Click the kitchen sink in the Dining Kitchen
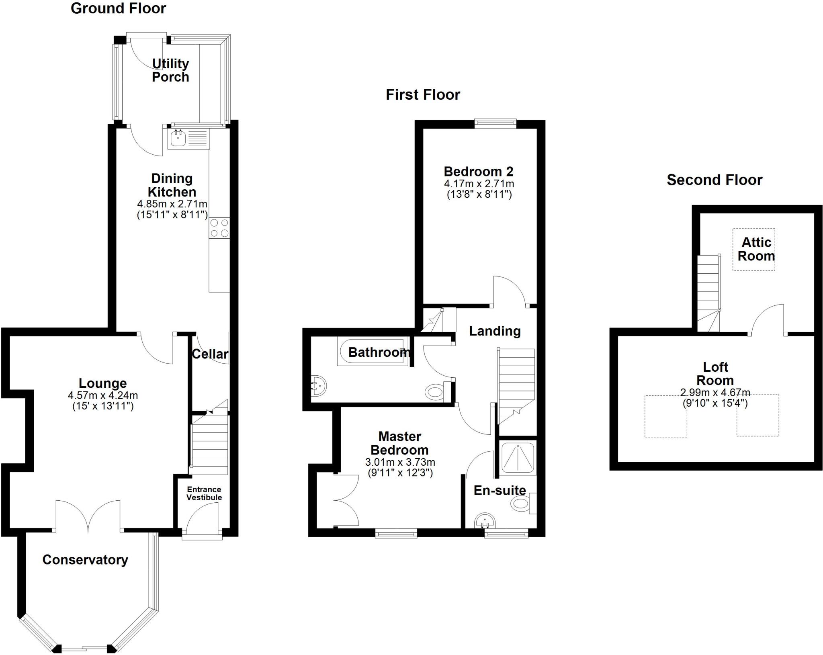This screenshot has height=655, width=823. click(178, 139)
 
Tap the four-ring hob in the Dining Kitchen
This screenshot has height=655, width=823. click(219, 228)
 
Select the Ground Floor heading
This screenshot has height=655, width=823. click(118, 8)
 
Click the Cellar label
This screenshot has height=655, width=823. click(210, 354)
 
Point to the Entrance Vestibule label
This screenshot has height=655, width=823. click(204, 493)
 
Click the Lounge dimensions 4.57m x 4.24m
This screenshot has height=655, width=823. click(103, 395)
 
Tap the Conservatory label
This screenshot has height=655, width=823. click(85, 559)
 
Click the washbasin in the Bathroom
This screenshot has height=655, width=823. click(319, 386)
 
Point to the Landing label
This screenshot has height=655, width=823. click(495, 331)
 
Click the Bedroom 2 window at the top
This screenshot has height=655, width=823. click(495, 123)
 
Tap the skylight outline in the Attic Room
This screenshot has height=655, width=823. click(753, 250)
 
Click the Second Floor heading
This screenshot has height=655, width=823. click(714, 180)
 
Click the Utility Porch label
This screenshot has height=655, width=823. click(170, 70)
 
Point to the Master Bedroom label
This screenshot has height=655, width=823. click(399, 443)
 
